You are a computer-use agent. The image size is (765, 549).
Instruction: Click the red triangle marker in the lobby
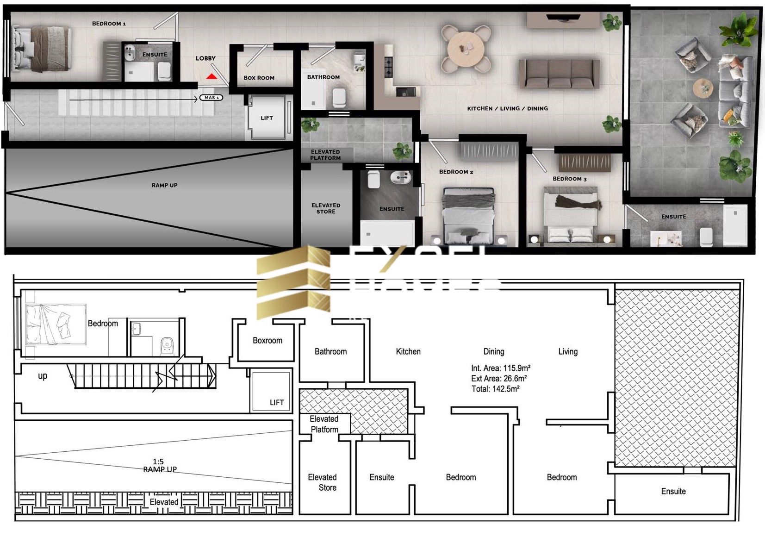(211, 76)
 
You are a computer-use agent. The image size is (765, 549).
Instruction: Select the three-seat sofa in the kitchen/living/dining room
(559, 74)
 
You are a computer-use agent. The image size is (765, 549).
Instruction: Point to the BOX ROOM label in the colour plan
(259, 78)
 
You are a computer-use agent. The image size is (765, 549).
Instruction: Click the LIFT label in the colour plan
(267, 118)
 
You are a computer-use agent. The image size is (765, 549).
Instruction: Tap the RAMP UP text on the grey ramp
(164, 185)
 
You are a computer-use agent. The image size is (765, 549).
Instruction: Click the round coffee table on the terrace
(703, 87)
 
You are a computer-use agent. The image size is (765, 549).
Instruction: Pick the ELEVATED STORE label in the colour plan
(326, 208)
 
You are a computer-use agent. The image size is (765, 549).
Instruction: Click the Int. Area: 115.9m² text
(500, 368)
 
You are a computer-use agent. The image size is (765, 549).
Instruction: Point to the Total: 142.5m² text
(495, 389)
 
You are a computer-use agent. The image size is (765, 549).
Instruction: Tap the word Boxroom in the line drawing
(267, 341)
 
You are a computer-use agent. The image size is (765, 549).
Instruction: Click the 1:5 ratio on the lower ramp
(158, 462)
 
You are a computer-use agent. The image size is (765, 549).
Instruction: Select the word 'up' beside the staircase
(43, 376)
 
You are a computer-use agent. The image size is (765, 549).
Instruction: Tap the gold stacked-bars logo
(293, 282)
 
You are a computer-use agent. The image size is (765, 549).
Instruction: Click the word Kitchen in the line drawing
(408, 352)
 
